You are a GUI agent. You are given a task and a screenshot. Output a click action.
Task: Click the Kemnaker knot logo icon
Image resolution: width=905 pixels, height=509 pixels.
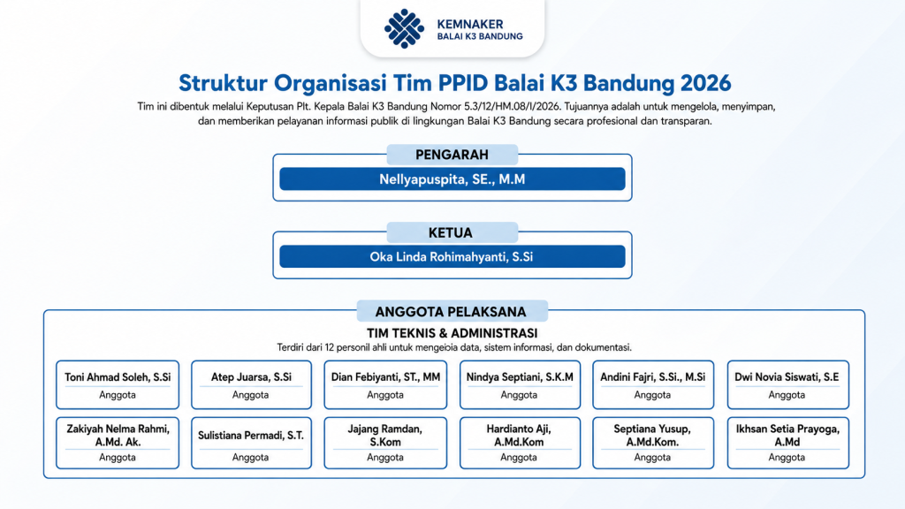404,28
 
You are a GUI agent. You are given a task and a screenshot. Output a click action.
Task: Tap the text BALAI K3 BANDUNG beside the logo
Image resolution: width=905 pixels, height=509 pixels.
480,36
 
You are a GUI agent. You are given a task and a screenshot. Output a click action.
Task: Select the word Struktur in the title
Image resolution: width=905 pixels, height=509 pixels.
223,83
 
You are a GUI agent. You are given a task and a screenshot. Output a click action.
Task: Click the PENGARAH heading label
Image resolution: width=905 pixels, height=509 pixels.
452,155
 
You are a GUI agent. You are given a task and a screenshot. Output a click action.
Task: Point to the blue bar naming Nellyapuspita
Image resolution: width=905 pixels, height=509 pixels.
452,179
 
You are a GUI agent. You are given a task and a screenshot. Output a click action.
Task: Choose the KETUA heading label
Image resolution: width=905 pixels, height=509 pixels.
452,232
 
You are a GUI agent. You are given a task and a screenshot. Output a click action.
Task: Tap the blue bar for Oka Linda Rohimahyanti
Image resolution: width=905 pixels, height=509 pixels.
452,257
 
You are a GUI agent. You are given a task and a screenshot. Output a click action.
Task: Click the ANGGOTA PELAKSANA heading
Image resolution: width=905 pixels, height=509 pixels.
452,312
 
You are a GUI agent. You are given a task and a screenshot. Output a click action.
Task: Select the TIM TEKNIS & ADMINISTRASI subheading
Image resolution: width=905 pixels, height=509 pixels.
452,333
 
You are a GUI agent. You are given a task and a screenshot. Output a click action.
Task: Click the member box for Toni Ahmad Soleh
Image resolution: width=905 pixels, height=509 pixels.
118,385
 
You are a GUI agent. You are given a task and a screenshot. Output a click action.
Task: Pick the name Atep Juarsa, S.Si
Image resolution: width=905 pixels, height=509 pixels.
251,377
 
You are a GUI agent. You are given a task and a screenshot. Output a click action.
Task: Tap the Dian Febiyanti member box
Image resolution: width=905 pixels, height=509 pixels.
385,385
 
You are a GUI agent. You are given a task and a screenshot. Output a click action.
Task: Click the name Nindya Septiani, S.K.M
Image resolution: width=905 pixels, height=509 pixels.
520,377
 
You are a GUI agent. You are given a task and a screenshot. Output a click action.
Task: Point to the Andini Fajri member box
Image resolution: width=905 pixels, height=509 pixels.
653,385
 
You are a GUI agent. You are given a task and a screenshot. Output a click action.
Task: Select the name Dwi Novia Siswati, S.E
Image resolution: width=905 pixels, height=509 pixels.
787,377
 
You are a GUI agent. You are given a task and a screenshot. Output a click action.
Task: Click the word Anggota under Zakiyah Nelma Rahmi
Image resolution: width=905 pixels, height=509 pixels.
118,457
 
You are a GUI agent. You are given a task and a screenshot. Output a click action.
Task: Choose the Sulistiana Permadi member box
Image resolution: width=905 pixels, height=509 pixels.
251,443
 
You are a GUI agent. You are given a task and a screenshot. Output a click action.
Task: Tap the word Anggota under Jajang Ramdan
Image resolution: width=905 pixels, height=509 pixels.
385,457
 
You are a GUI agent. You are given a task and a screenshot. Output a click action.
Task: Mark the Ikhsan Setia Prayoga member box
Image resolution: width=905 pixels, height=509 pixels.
787,443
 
